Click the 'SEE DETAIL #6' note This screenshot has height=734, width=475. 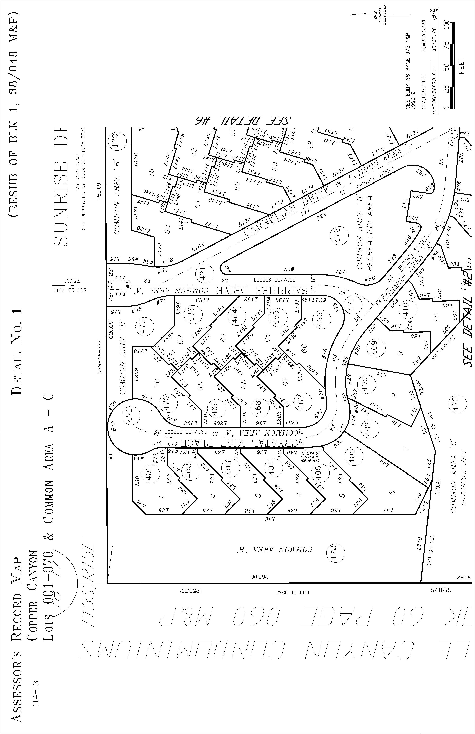pos(244,120)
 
